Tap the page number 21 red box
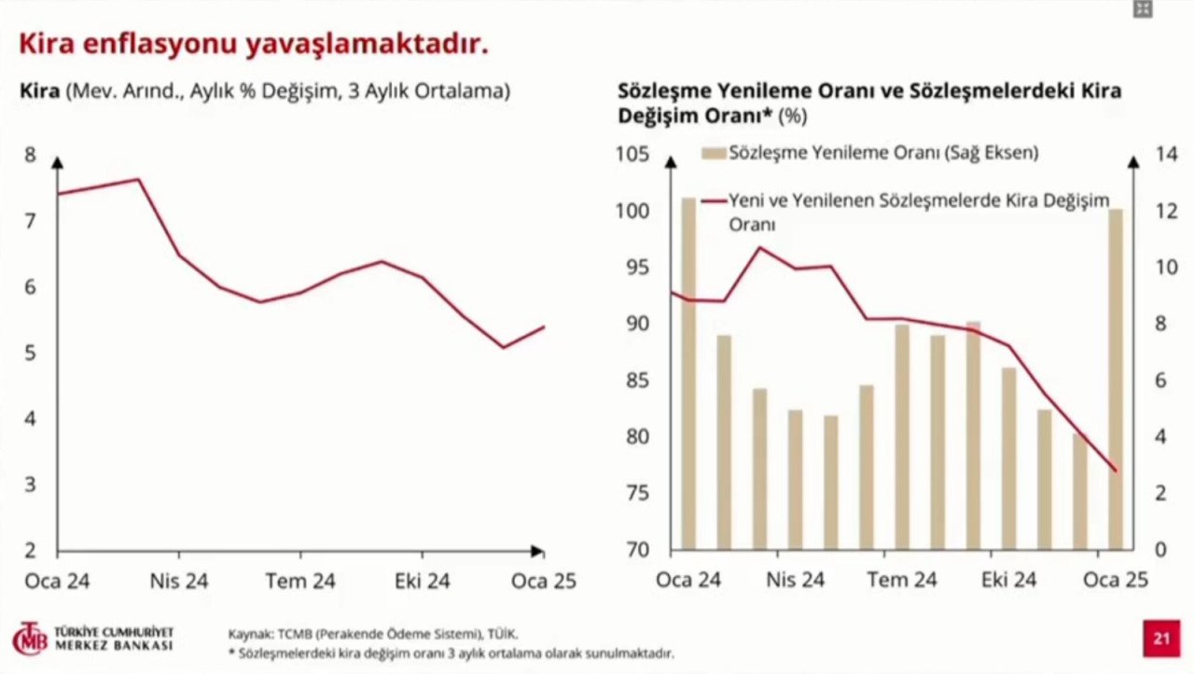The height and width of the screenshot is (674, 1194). [x=1161, y=639]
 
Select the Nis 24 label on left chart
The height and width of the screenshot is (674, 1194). [x=179, y=581]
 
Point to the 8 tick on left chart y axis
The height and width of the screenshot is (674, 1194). [x=30, y=155]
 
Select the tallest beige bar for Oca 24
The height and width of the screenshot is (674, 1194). [x=688, y=373]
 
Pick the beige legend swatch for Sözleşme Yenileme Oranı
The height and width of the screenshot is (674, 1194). [x=714, y=153]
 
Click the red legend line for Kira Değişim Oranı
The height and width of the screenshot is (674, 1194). [x=714, y=200]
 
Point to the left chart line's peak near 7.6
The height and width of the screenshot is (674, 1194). [x=138, y=179]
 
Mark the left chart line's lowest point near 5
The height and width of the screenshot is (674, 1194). [x=504, y=348]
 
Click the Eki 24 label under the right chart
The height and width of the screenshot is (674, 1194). [x=1008, y=580]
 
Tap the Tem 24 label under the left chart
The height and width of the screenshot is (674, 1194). [x=299, y=581]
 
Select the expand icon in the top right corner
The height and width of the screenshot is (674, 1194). [x=1143, y=9]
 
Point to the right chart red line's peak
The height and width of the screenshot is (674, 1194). [x=760, y=247]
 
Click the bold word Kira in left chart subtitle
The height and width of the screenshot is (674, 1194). [x=40, y=91]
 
